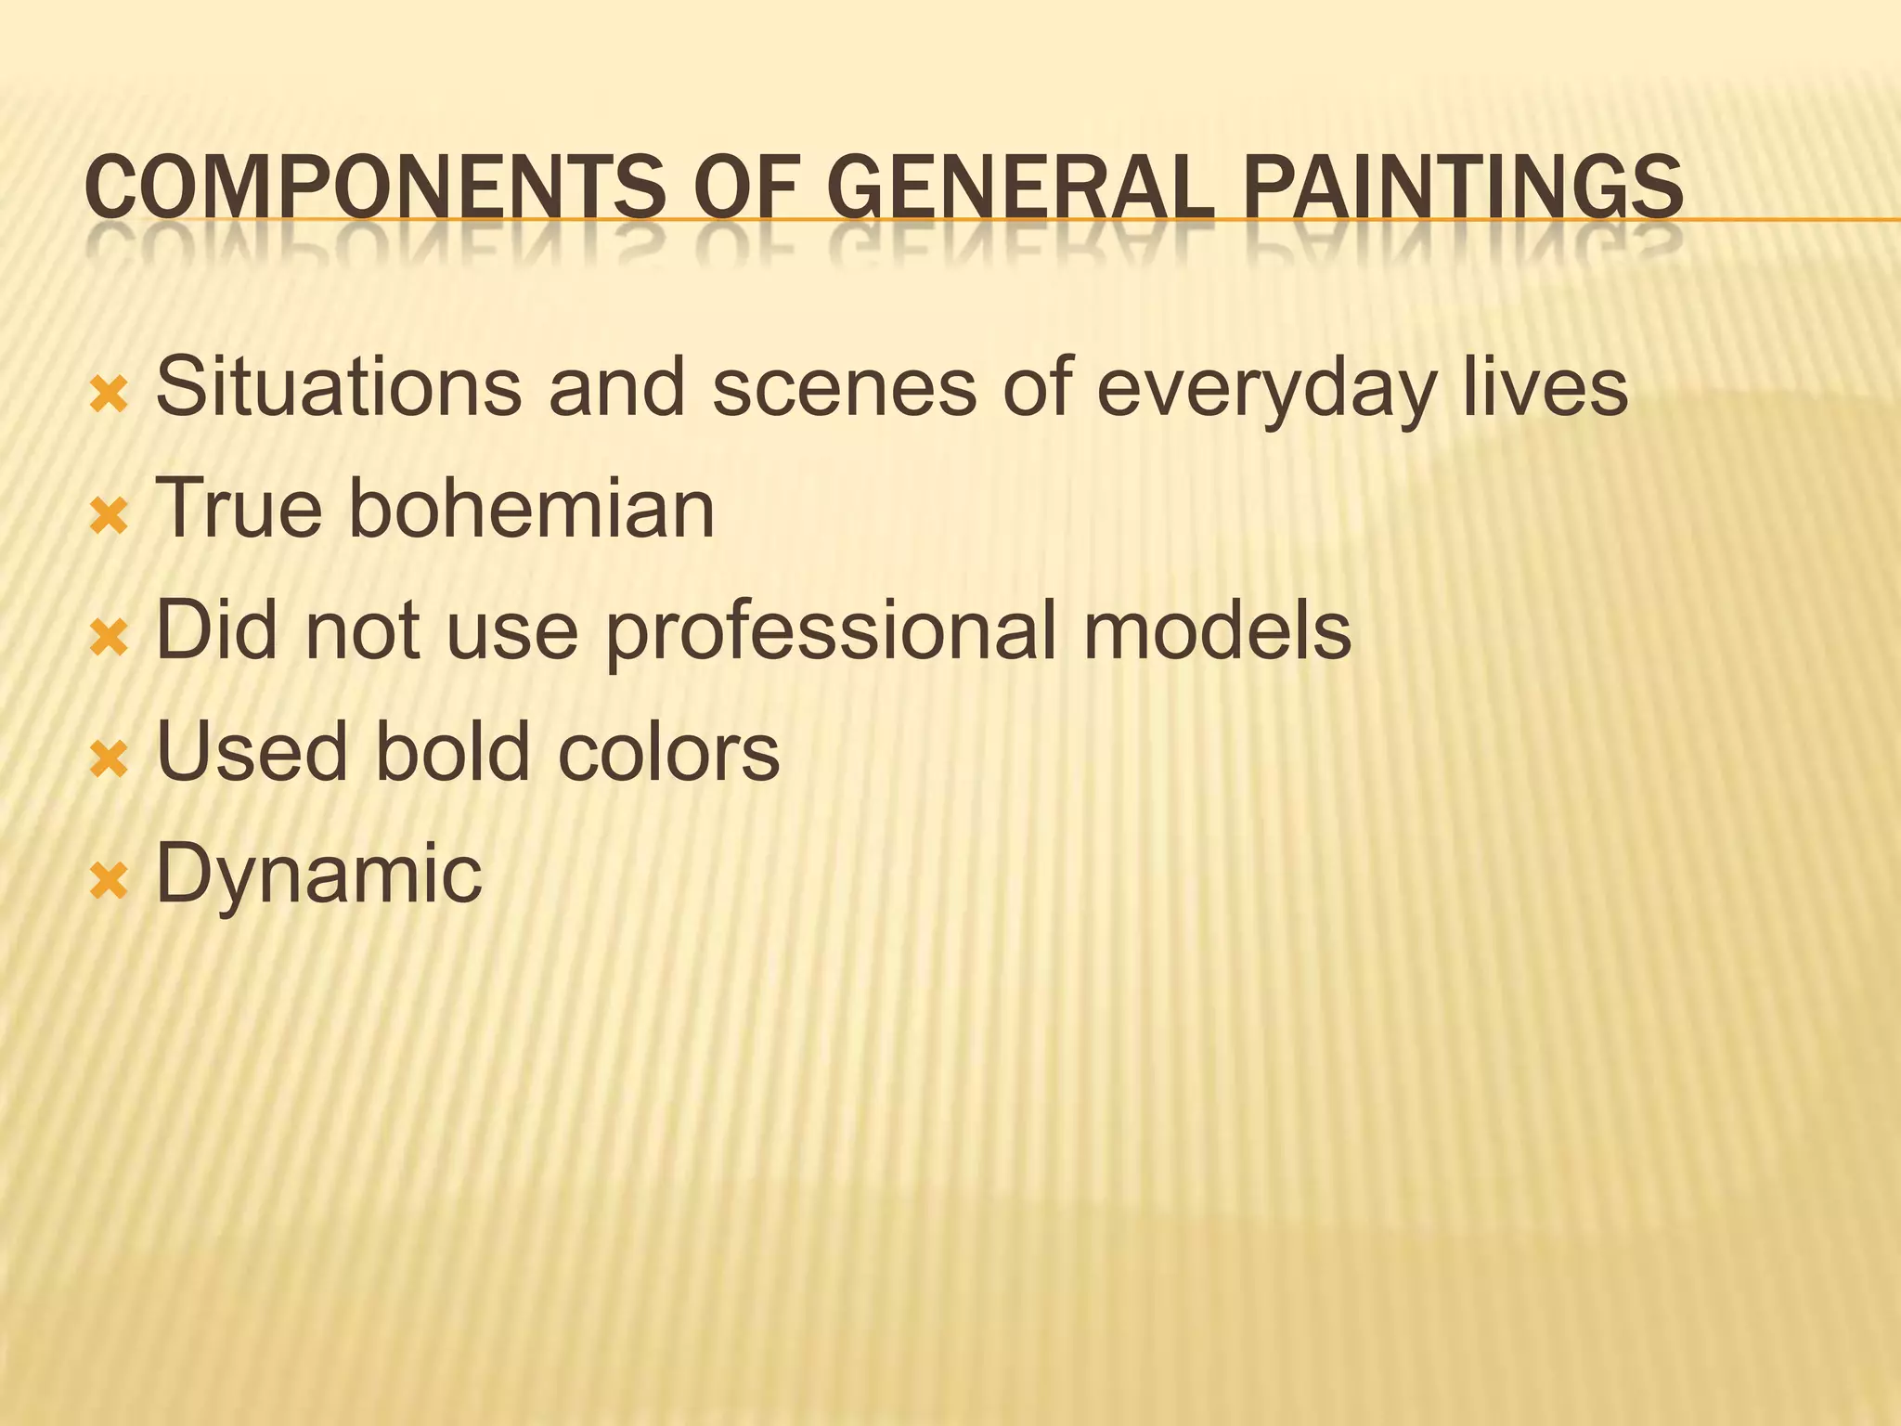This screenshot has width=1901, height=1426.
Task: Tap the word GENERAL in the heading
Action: [1019, 188]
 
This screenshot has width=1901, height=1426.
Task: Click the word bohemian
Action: [531, 508]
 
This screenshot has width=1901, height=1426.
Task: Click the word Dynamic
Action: [318, 875]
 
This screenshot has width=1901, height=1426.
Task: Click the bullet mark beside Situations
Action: [109, 396]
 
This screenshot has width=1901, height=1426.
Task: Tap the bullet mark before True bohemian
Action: [109, 518]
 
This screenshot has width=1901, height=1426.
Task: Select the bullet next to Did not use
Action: [109, 640]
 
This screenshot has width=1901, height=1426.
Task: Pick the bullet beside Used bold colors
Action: [109, 760]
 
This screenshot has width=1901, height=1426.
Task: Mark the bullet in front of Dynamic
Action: [109, 882]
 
